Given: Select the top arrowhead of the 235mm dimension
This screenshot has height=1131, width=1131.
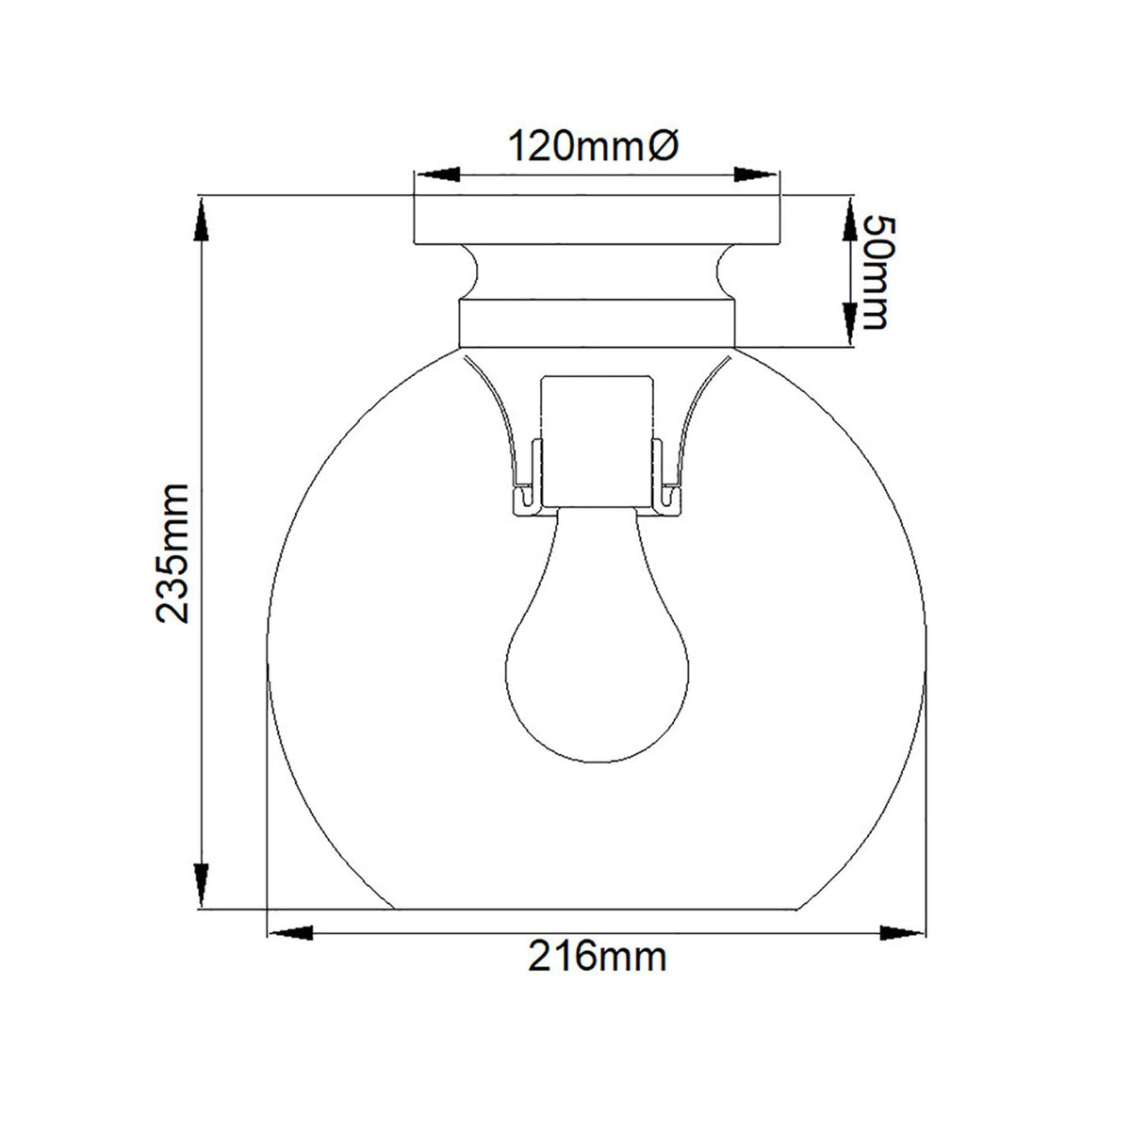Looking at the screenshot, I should click(x=202, y=219).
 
